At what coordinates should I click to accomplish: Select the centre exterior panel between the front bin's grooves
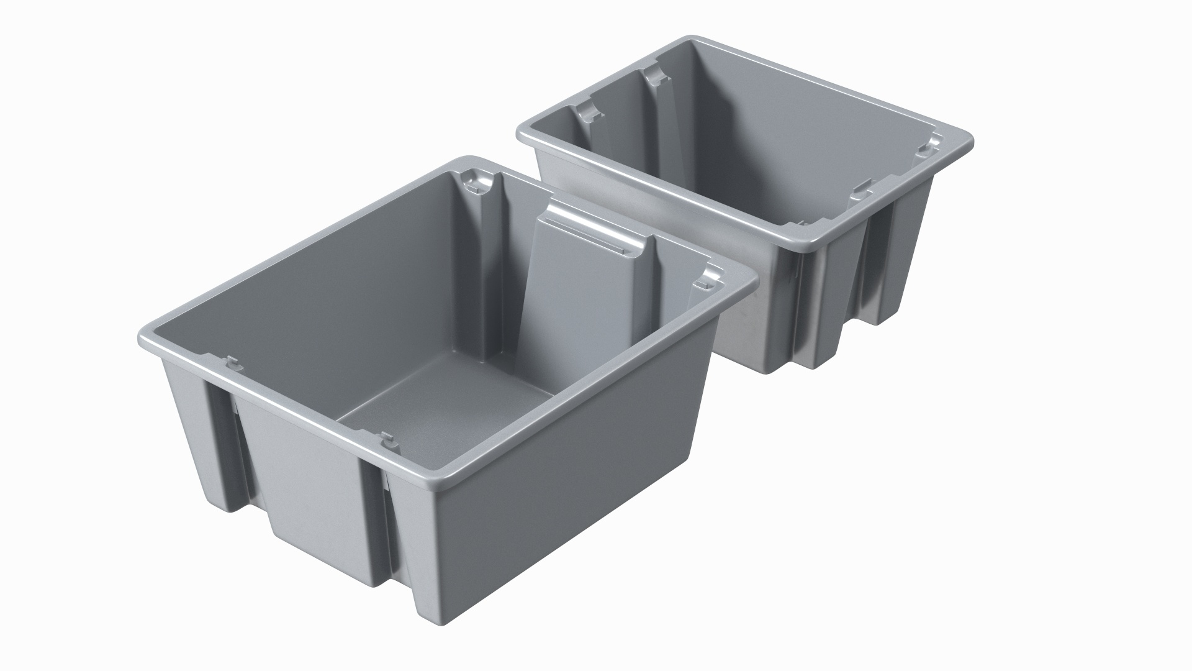tap(310, 472)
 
